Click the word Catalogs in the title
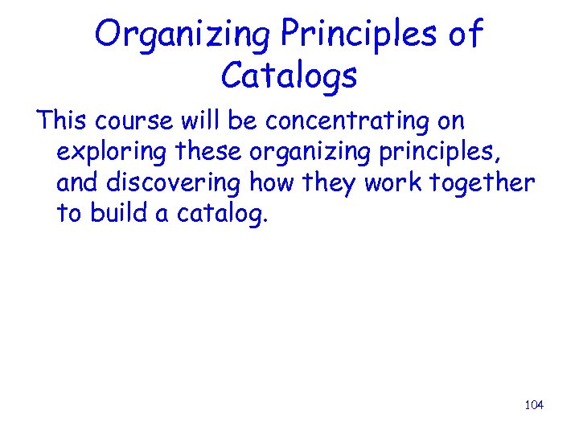tap(289, 76)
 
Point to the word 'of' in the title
tap(466, 35)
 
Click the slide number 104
tap(534, 405)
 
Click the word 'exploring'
tap(112, 153)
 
